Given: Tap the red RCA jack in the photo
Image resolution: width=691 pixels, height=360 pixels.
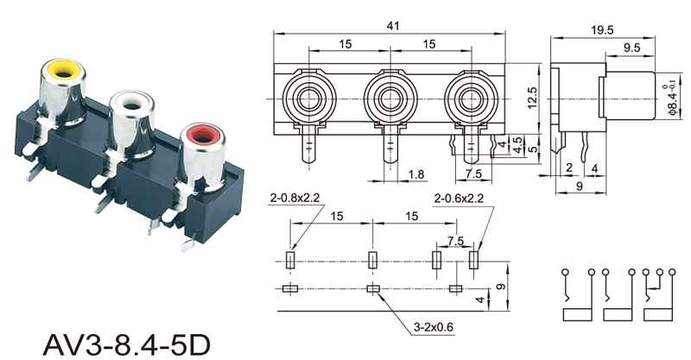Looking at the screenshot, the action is point(204,155).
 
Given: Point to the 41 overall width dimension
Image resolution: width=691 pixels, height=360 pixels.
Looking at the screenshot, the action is point(392,26).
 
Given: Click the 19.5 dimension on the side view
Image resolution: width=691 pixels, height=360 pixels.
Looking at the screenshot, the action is point(602,30).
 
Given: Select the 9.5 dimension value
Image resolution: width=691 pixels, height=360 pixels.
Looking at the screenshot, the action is point(631,47).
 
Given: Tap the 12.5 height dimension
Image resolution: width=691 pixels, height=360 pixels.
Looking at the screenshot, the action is point(532,98).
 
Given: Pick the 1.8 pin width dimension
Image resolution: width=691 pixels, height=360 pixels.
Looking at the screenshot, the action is point(416,174).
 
